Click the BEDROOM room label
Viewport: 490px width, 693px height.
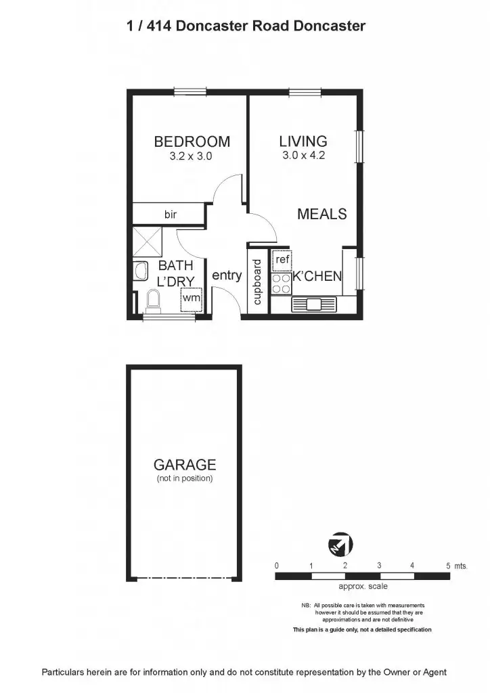(192, 142)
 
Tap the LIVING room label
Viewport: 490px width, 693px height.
(303, 141)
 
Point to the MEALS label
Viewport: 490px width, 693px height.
(322, 214)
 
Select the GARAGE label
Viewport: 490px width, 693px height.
(185, 465)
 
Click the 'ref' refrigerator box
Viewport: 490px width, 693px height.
(282, 259)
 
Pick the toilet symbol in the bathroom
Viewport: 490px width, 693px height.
(152, 298)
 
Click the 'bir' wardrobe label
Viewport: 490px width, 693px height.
(170, 215)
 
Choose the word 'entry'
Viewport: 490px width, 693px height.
(227, 275)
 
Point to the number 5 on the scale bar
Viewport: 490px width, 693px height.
(448, 564)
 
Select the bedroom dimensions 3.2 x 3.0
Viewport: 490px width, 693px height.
(192, 156)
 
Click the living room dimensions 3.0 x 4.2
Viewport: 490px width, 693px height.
(303, 156)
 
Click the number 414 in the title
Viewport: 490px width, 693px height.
(156, 26)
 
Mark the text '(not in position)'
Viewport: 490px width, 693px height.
(185, 478)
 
